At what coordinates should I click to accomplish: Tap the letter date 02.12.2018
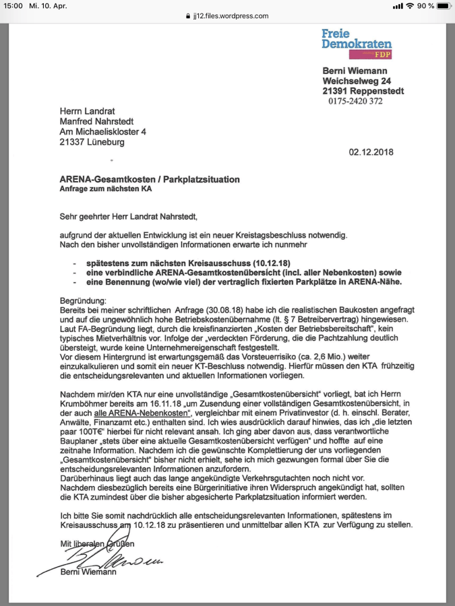click(371, 152)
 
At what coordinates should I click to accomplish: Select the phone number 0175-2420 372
click(355, 101)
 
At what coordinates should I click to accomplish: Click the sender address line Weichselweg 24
click(357, 81)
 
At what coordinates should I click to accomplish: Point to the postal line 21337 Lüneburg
click(92, 142)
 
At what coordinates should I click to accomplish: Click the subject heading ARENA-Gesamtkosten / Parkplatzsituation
click(148, 180)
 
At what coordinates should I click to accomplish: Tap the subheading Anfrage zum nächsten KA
click(104, 189)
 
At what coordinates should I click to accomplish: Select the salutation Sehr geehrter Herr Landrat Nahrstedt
click(129, 217)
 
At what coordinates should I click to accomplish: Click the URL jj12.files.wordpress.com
click(232, 16)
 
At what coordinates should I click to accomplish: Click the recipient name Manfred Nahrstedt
click(98, 122)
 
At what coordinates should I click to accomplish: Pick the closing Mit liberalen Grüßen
click(96, 543)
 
